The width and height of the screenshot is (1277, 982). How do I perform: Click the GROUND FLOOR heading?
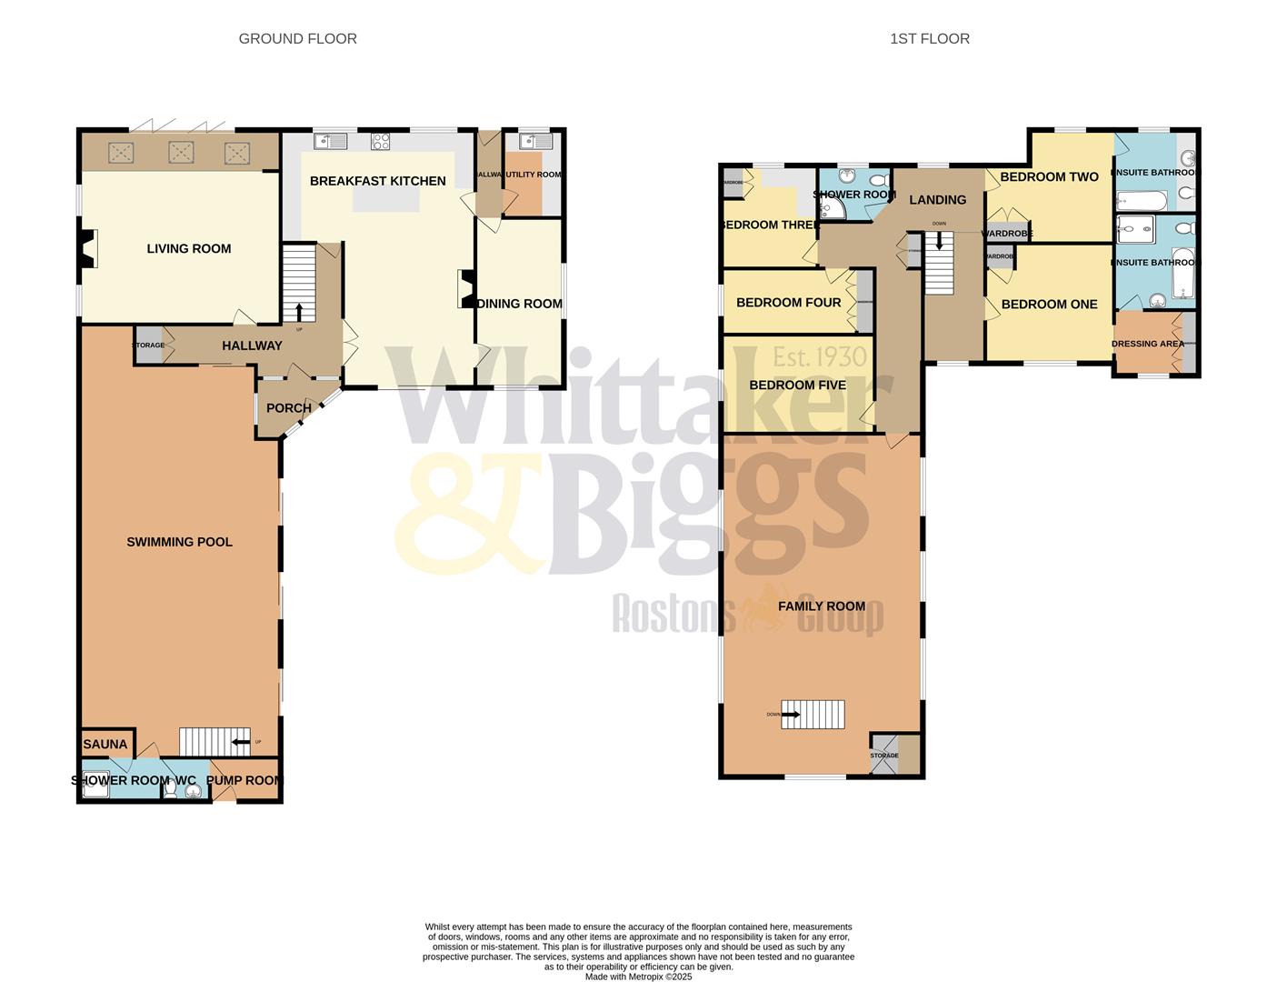pos(297,38)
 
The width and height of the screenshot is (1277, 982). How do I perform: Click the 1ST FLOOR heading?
pos(929,38)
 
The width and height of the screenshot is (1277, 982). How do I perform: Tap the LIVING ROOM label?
pos(188,248)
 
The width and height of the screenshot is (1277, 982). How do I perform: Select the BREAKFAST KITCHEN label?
pos(377,181)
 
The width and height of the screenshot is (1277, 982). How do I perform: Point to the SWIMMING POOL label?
pos(179,542)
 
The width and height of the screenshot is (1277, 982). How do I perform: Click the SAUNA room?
pos(105,744)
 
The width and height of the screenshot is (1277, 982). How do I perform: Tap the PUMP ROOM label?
pos(244,780)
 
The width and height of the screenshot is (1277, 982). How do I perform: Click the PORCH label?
pos(288,407)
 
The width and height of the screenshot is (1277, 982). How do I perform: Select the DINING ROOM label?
pos(519,304)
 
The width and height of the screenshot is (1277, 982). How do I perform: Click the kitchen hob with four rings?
pos(380,141)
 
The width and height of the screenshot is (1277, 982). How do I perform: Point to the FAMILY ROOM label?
pos(822,606)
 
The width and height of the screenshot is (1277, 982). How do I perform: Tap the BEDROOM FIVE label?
pos(797,385)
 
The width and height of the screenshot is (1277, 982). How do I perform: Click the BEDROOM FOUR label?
pos(788,303)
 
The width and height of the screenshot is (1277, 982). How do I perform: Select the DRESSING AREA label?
pos(1147,344)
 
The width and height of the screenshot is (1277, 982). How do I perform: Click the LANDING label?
pos(937,200)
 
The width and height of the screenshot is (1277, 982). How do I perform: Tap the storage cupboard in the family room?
pos(884,755)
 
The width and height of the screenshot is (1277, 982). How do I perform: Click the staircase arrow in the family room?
pos(791,715)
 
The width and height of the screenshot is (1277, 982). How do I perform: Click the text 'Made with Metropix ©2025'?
pos(638,977)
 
